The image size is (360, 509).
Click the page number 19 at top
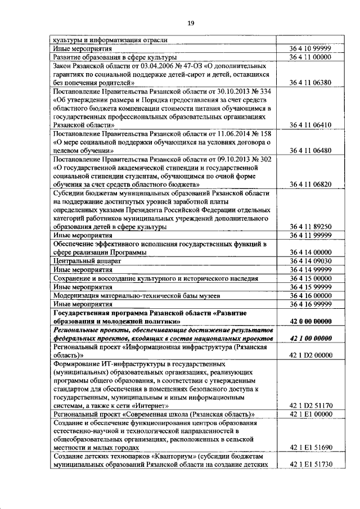[191, 22]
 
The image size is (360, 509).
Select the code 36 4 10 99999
[310, 49]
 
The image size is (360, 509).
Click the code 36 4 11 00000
[310, 57]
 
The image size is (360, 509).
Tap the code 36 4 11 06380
[310, 83]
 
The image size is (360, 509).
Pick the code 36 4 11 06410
[310, 125]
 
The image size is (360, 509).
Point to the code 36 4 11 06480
[310, 151]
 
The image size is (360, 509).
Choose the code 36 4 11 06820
[310, 184]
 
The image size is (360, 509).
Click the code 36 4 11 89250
[310, 227]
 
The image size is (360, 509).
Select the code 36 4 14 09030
[310, 261]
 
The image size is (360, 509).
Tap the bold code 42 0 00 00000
[310, 321]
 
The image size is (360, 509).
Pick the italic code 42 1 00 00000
[310, 339]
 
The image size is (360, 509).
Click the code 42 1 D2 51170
[310, 406]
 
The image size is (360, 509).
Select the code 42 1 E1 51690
[310, 448]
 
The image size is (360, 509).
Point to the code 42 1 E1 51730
[310, 465]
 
